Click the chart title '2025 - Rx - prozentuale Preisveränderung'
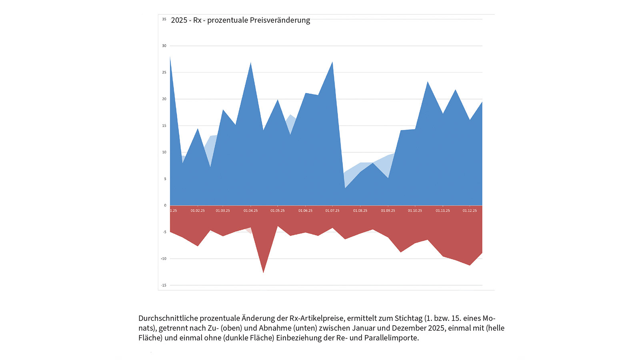click(240, 20)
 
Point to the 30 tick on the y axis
click(164, 46)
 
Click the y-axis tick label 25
click(164, 72)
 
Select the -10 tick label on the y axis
click(164, 259)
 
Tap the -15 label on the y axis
click(164, 285)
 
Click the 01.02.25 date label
click(198, 211)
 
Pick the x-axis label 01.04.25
click(251, 211)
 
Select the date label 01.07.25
click(332, 211)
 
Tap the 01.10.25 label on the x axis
click(415, 211)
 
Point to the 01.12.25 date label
click(470, 211)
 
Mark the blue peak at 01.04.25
click(251, 63)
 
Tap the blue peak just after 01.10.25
click(428, 82)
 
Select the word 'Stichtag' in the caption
click(408, 318)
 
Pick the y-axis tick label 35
click(164, 19)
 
